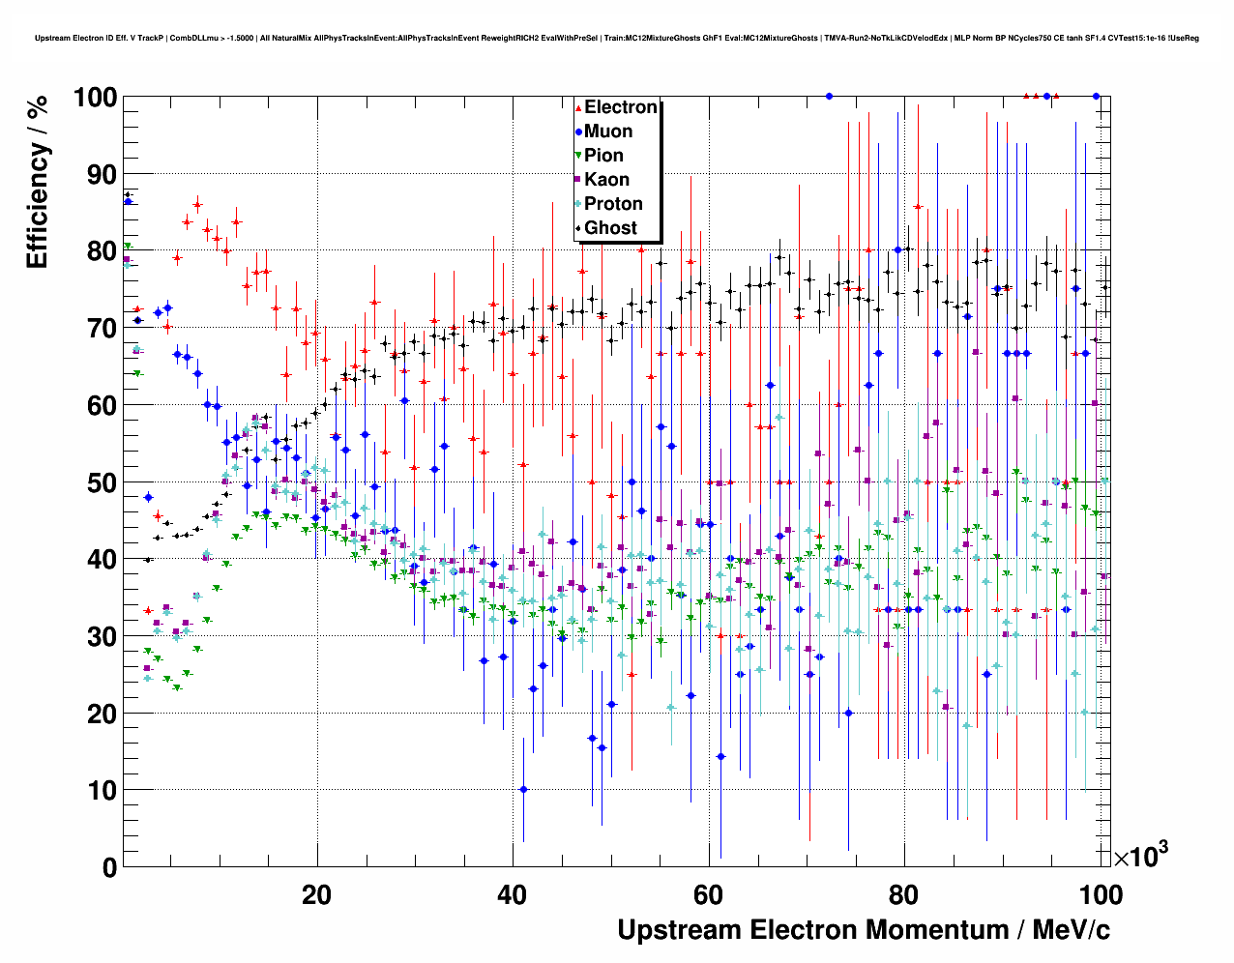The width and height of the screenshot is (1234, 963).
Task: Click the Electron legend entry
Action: click(x=620, y=107)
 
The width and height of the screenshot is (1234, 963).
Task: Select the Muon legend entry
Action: click(x=608, y=131)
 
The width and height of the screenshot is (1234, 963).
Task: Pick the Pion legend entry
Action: click(x=603, y=156)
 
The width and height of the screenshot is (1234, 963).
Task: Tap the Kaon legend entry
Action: click(x=606, y=180)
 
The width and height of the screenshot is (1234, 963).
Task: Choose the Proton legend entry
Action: click(x=613, y=204)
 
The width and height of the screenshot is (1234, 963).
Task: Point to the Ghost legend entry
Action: click(x=610, y=228)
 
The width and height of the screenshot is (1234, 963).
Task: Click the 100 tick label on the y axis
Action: click(x=95, y=98)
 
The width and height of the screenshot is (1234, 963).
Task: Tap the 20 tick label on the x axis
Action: click(x=316, y=894)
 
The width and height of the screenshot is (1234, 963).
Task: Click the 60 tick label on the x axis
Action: click(x=708, y=894)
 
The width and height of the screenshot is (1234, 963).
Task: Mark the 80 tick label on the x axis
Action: click(x=904, y=894)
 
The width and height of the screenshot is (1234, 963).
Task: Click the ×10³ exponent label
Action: click(x=1140, y=857)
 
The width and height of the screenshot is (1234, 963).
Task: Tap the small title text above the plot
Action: click(x=617, y=38)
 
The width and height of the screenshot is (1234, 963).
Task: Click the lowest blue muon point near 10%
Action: click(x=523, y=789)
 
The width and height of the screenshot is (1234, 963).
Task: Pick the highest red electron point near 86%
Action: click(x=197, y=205)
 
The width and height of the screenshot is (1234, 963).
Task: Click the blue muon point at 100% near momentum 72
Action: click(x=829, y=96)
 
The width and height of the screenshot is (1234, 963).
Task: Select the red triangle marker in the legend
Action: click(x=578, y=107)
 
